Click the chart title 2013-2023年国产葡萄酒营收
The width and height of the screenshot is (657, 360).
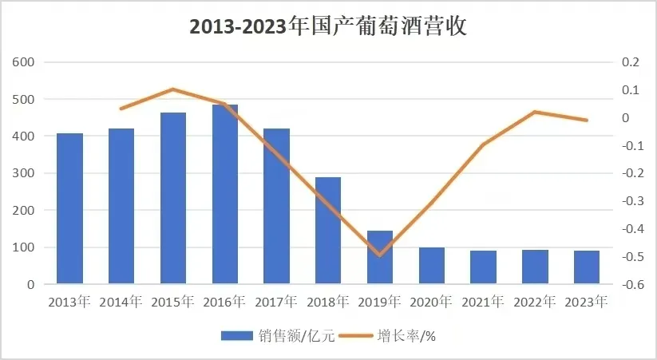click(x=328, y=26)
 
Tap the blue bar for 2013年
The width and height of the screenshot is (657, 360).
click(x=69, y=208)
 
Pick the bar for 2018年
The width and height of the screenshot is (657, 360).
click(x=328, y=231)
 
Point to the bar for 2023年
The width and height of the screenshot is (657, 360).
click(x=587, y=267)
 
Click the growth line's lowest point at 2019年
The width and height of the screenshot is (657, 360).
click(x=380, y=255)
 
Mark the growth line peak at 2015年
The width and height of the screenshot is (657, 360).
click(x=173, y=89)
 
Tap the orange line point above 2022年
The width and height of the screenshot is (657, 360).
click(x=535, y=112)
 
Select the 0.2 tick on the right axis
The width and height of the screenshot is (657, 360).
click(x=631, y=62)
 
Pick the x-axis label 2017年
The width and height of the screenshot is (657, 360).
click(x=277, y=303)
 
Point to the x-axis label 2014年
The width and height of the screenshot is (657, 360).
click(x=121, y=303)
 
